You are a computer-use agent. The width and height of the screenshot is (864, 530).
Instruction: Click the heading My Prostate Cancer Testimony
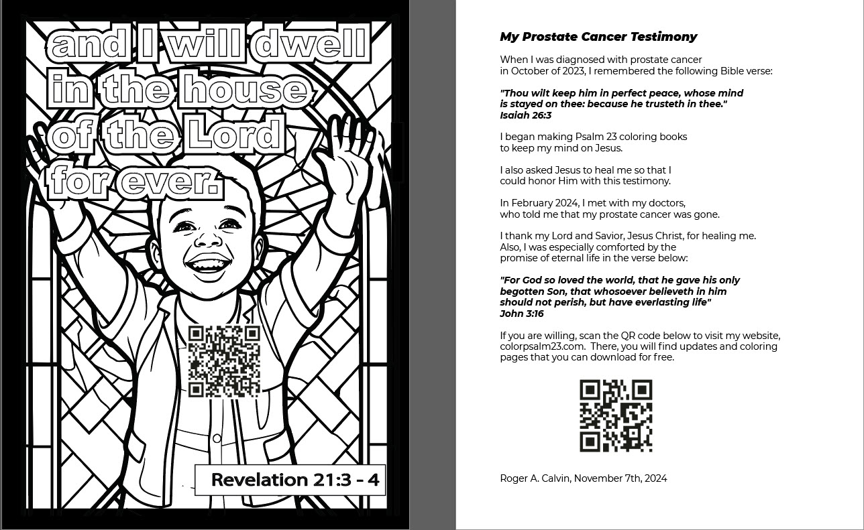598,37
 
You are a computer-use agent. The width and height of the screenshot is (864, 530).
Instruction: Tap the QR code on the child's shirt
224,360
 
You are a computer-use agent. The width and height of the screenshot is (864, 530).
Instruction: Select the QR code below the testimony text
616,415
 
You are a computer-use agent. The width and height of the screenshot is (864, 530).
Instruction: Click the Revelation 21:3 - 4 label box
290,479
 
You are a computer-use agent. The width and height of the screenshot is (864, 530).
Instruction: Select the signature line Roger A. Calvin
535,478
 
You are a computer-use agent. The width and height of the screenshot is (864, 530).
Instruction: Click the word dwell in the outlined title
311,44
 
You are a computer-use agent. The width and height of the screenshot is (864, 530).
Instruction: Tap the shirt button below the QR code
217,439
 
